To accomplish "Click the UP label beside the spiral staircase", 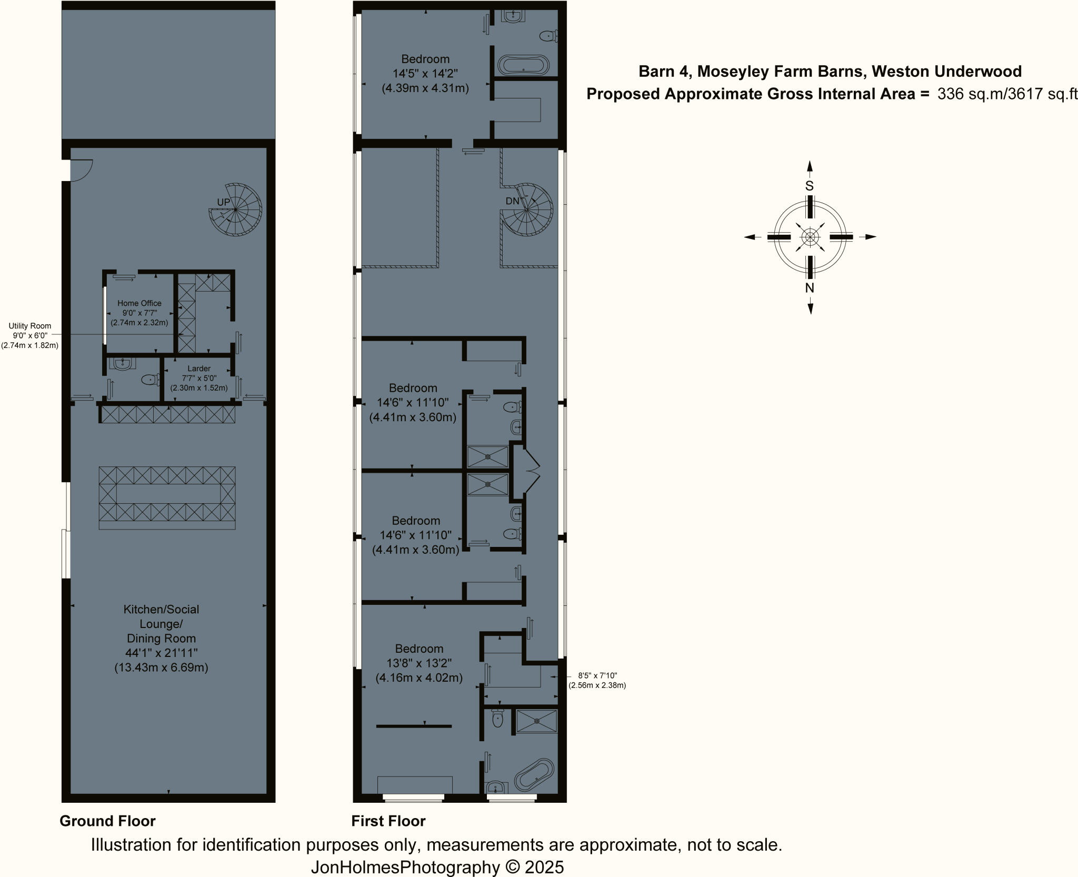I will [x=223, y=202].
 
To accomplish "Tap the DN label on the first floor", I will [x=512, y=201].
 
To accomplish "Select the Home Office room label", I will [x=139, y=303].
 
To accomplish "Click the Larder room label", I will [x=199, y=368].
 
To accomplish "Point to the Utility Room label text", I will [x=29, y=326].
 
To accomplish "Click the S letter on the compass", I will [x=810, y=186].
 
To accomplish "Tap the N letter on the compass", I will [x=810, y=288].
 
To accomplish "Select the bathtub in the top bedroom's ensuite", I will [x=523, y=66].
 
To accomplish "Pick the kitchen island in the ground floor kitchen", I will [x=167, y=497].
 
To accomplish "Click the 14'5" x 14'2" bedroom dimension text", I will [x=425, y=74].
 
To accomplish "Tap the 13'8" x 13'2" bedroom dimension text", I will [x=419, y=663].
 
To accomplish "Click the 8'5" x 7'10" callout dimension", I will [x=597, y=675].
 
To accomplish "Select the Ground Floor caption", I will [x=107, y=821].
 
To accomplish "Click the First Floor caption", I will [x=388, y=821].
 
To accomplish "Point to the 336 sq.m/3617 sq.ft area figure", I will [x=1007, y=94].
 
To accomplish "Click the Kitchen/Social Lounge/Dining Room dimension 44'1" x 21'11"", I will [x=161, y=653].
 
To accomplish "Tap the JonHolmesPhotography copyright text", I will [x=437, y=868].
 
